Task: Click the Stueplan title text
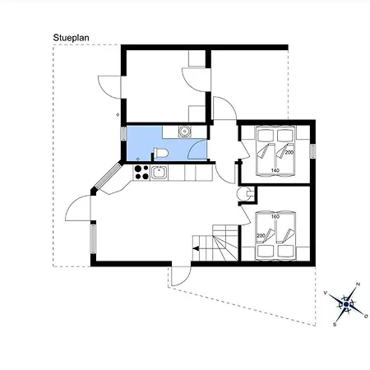[x=71, y=38]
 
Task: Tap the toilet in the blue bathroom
[x=160, y=153]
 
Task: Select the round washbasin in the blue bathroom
[x=185, y=132]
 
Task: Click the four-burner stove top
[x=141, y=173]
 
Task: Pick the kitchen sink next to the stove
[x=159, y=173]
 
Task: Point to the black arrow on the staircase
[x=197, y=248]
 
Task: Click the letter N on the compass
[x=358, y=284]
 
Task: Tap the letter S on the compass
[x=335, y=325]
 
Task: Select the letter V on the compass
[x=326, y=293]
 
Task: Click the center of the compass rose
[x=346, y=304]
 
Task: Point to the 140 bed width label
[x=275, y=170]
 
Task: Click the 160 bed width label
[x=275, y=216]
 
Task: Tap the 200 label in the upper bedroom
[x=289, y=152]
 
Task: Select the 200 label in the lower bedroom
[x=261, y=236]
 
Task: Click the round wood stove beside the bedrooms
[x=243, y=194]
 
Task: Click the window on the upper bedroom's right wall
[x=312, y=151]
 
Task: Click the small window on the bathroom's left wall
[x=123, y=133]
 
